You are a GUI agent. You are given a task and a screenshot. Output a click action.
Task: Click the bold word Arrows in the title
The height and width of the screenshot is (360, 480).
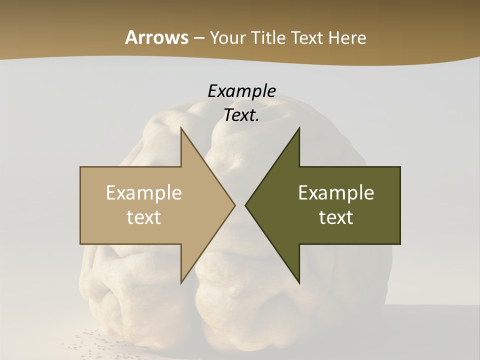pyautogui.click(x=156, y=37)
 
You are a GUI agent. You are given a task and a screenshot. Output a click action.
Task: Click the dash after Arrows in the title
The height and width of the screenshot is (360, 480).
pyautogui.click(x=198, y=38)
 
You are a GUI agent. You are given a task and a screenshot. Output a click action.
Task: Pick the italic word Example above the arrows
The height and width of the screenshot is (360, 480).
pyautogui.click(x=241, y=91)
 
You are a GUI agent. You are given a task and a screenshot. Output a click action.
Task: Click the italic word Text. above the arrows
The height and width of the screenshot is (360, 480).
pyautogui.click(x=241, y=115)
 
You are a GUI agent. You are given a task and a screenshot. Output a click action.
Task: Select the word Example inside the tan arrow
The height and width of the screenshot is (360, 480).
pyautogui.click(x=144, y=193)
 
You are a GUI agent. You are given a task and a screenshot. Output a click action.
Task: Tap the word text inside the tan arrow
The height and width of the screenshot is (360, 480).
pyautogui.click(x=144, y=217)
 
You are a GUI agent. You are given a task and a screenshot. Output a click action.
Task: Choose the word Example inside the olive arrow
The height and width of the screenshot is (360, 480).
pyautogui.click(x=336, y=193)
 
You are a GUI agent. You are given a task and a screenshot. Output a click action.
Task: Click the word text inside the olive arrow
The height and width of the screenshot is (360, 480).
pyautogui.click(x=336, y=217)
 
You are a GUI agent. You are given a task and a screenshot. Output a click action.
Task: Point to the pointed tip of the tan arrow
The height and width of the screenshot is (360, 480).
pyautogui.click(x=234, y=205)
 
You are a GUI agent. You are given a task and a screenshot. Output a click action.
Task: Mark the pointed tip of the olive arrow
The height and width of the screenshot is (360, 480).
pyautogui.click(x=246, y=205)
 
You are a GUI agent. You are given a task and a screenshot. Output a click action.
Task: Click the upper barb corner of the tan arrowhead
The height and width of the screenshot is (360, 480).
pyautogui.click(x=181, y=128)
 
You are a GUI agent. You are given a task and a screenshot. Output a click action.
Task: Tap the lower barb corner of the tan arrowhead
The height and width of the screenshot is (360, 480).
pyautogui.click(x=181, y=282)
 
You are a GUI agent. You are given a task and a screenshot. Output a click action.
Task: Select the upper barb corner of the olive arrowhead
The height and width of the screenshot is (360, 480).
pyautogui.click(x=299, y=128)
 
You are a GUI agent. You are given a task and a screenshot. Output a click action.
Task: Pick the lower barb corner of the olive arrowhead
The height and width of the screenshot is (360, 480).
pyautogui.click(x=299, y=282)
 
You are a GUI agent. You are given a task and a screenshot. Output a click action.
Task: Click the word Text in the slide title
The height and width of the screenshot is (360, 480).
pyautogui.click(x=307, y=37)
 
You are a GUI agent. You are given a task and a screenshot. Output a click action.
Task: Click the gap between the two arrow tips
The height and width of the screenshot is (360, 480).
pyautogui.click(x=240, y=205)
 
